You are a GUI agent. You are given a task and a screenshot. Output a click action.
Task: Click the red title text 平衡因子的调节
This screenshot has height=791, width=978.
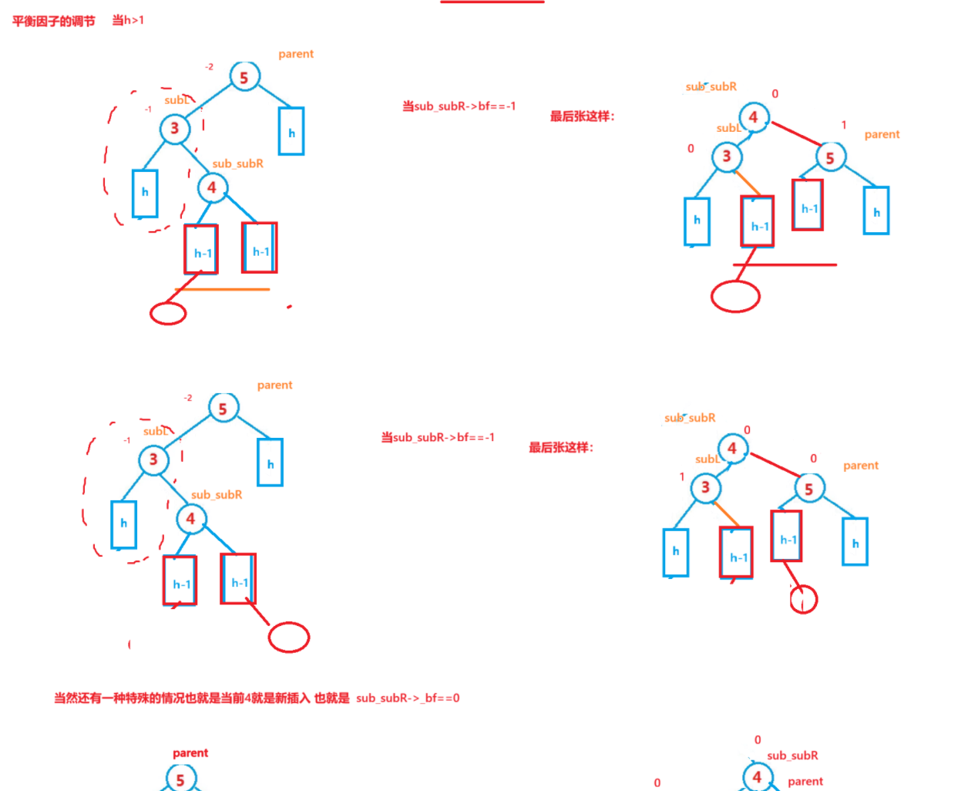point(53,21)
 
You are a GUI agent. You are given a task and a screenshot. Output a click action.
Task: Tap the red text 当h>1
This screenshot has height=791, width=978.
point(128,20)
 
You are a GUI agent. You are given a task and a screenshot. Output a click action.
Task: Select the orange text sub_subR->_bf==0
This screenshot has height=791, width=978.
point(408,698)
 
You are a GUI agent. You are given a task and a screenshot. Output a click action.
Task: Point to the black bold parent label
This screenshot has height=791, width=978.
point(190,752)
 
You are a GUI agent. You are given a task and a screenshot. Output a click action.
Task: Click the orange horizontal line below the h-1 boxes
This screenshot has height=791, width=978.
point(223,289)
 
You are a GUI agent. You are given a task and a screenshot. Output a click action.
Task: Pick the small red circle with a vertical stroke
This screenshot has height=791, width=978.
point(803,599)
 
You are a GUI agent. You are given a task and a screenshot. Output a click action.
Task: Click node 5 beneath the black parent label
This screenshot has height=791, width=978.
point(180,779)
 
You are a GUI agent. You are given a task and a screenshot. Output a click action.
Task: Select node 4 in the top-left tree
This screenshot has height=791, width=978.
point(212,187)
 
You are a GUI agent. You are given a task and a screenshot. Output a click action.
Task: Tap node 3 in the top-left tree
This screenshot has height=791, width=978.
point(174,128)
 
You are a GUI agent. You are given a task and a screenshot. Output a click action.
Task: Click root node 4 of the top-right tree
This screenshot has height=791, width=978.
point(753,117)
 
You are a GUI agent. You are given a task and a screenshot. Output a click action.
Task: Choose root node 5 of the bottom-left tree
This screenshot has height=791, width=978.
point(223,408)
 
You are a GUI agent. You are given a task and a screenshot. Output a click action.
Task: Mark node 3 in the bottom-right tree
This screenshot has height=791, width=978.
point(705,487)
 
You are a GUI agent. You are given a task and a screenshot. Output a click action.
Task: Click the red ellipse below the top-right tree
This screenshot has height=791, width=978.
point(735,296)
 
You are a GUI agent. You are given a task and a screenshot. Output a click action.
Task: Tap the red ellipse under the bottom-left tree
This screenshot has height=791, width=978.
point(289,637)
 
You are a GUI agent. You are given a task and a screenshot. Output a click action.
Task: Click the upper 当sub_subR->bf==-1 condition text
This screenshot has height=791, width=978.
point(459,106)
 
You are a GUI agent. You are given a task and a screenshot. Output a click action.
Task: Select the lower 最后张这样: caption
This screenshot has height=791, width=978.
point(561,447)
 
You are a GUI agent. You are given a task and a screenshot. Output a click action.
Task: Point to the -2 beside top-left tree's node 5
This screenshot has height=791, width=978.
point(209,67)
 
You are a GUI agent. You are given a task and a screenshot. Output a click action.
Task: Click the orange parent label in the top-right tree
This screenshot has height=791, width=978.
point(882,134)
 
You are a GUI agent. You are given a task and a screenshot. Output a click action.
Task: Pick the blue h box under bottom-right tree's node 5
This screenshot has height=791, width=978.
point(855,542)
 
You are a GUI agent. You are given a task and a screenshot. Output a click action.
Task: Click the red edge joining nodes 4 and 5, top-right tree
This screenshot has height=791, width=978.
point(796,133)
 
